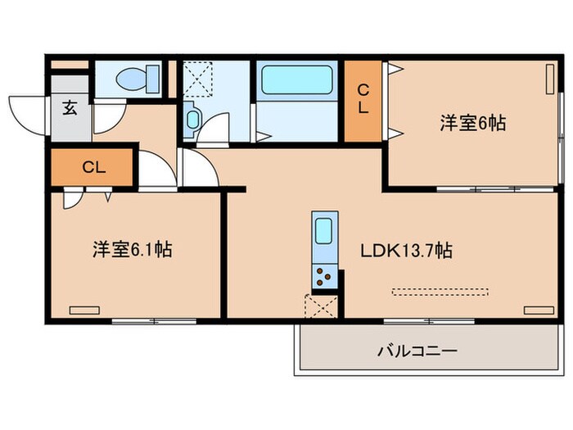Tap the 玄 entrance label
[x=70, y=108]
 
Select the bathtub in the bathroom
[x=296, y=84]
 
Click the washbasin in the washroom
[x=192, y=120]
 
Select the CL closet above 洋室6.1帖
[x=93, y=168]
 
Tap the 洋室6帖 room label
[x=472, y=124]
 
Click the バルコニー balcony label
[x=417, y=351]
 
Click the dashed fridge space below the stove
[x=321, y=306]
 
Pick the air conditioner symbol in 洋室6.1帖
[x=83, y=310]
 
